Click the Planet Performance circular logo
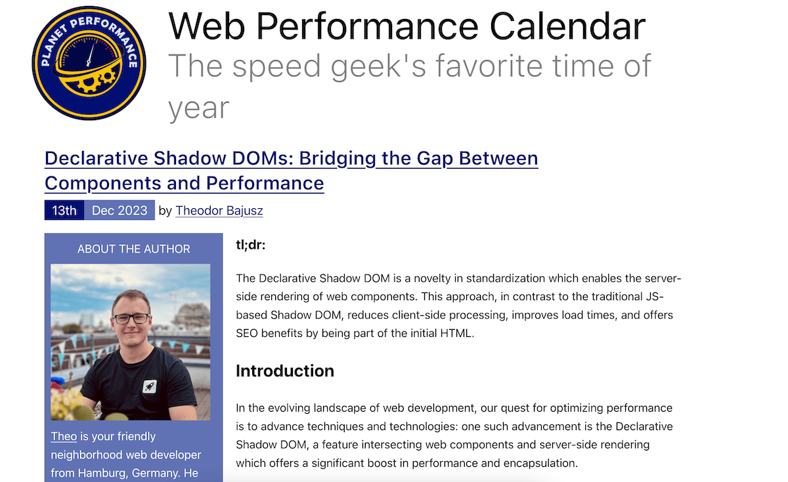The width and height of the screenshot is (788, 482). coord(89,63)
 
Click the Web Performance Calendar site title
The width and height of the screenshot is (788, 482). coord(406,26)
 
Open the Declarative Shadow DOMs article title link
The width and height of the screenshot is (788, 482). coord(291,170)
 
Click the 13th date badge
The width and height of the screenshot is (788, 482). coord(64,211)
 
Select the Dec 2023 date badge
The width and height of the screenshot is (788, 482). coord(120,211)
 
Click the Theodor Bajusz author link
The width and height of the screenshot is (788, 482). coord(219,211)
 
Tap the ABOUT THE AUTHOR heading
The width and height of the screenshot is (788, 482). coord(133,249)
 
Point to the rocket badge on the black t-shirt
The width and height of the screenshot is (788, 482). coord(150,385)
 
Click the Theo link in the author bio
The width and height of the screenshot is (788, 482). coord(64,437)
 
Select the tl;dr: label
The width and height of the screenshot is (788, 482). coord(250,246)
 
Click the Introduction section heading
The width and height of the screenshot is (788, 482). coord(284,371)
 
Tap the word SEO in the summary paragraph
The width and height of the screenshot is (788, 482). coord(248,334)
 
